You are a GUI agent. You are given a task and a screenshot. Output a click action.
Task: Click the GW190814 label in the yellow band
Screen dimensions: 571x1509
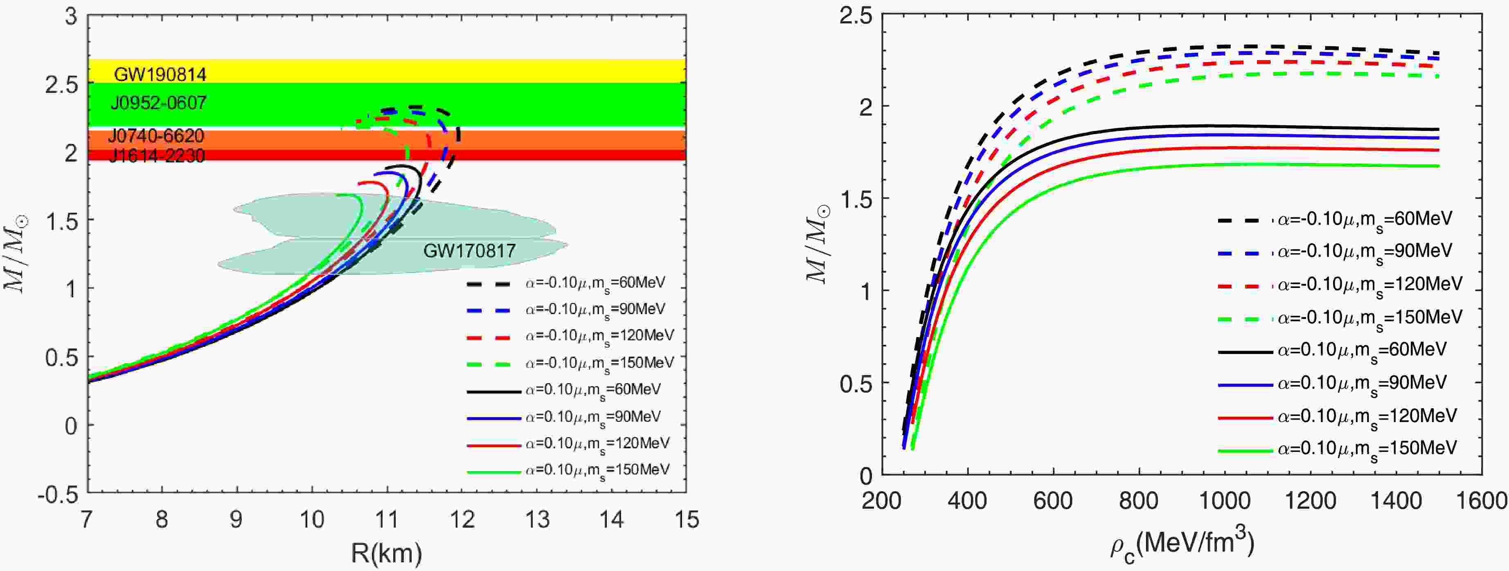160,74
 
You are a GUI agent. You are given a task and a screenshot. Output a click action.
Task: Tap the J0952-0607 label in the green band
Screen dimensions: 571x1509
159,103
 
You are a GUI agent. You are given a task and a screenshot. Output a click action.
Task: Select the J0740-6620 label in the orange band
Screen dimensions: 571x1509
156,136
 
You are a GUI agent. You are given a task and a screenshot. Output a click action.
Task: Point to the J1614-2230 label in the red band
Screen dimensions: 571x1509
157,156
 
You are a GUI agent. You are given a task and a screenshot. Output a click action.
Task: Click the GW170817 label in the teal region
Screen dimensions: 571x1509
469,251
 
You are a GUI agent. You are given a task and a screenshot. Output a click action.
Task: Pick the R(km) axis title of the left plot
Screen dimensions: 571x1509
386,552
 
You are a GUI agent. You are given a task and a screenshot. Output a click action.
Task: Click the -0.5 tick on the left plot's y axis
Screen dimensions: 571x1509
57,495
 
